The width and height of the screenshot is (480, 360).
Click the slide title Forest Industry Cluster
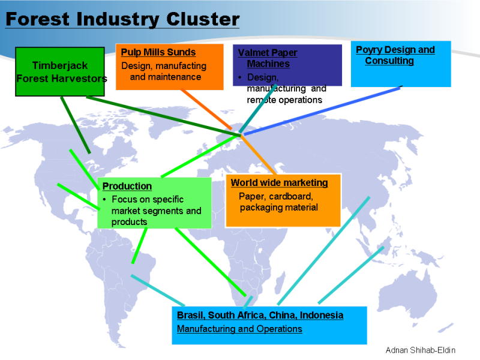(x=122, y=19)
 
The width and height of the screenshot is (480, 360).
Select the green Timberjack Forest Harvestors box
(x=60, y=71)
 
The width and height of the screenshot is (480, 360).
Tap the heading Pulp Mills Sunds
(x=158, y=53)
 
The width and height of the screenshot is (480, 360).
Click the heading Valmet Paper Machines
(x=268, y=58)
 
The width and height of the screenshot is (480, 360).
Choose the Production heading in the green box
(x=127, y=186)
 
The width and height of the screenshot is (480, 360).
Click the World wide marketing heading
(x=280, y=182)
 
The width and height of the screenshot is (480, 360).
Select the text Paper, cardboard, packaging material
(x=278, y=202)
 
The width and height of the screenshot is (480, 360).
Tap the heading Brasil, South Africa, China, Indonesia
(x=260, y=315)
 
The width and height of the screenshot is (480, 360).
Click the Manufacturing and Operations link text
(x=239, y=329)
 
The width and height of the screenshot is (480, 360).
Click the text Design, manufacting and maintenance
(x=164, y=71)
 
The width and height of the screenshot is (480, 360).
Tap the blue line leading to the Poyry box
(x=324, y=110)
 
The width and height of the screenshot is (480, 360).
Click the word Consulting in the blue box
(x=389, y=61)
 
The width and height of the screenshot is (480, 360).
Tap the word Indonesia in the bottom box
(x=322, y=315)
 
